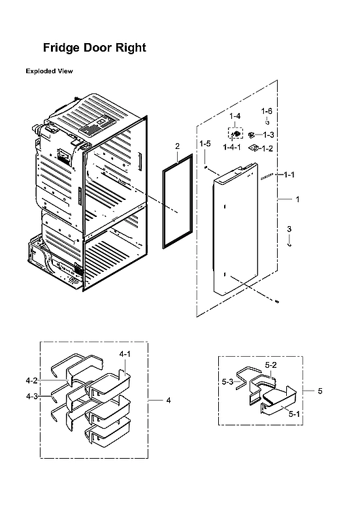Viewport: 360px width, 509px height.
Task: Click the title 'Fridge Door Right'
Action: click(x=94, y=48)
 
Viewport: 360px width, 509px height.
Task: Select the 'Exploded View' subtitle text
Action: click(x=49, y=71)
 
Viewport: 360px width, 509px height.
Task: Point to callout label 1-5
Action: click(x=205, y=143)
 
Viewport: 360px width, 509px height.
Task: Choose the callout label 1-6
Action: click(x=267, y=111)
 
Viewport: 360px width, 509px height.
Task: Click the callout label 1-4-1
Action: click(x=233, y=148)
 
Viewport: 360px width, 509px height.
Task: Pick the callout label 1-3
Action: click(x=268, y=135)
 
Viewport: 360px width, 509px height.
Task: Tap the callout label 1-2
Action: click(x=268, y=148)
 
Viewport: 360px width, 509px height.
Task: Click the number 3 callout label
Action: click(x=289, y=228)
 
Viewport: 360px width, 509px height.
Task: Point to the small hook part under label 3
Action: click(x=290, y=243)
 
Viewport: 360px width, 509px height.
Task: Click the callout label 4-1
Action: click(x=125, y=353)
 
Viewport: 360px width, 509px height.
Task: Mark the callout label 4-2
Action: click(x=32, y=380)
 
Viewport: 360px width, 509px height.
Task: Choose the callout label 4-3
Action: click(x=32, y=396)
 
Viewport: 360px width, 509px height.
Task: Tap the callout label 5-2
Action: click(x=270, y=365)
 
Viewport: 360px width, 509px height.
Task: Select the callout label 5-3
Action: click(x=227, y=381)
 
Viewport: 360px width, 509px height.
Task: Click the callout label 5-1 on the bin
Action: click(x=294, y=414)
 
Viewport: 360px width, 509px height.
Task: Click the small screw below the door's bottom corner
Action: click(x=278, y=301)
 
